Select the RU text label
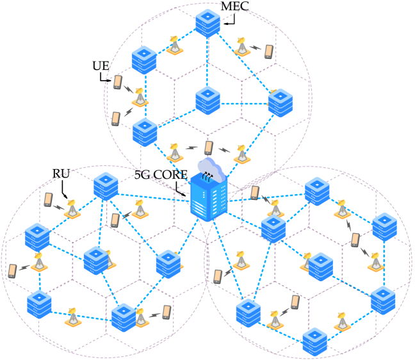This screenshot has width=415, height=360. (60, 173)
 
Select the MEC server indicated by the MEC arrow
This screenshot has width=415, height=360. (207, 22)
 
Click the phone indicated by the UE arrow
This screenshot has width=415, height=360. (117, 82)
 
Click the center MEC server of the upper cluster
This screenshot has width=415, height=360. (207, 99)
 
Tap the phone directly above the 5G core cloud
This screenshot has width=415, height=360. (208, 148)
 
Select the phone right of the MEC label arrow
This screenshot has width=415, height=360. (268, 51)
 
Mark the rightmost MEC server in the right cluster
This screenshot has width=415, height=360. (386, 225)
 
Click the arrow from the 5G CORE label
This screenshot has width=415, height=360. (181, 188)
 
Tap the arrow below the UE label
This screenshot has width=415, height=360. (104, 78)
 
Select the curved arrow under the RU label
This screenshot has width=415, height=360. (63, 188)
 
